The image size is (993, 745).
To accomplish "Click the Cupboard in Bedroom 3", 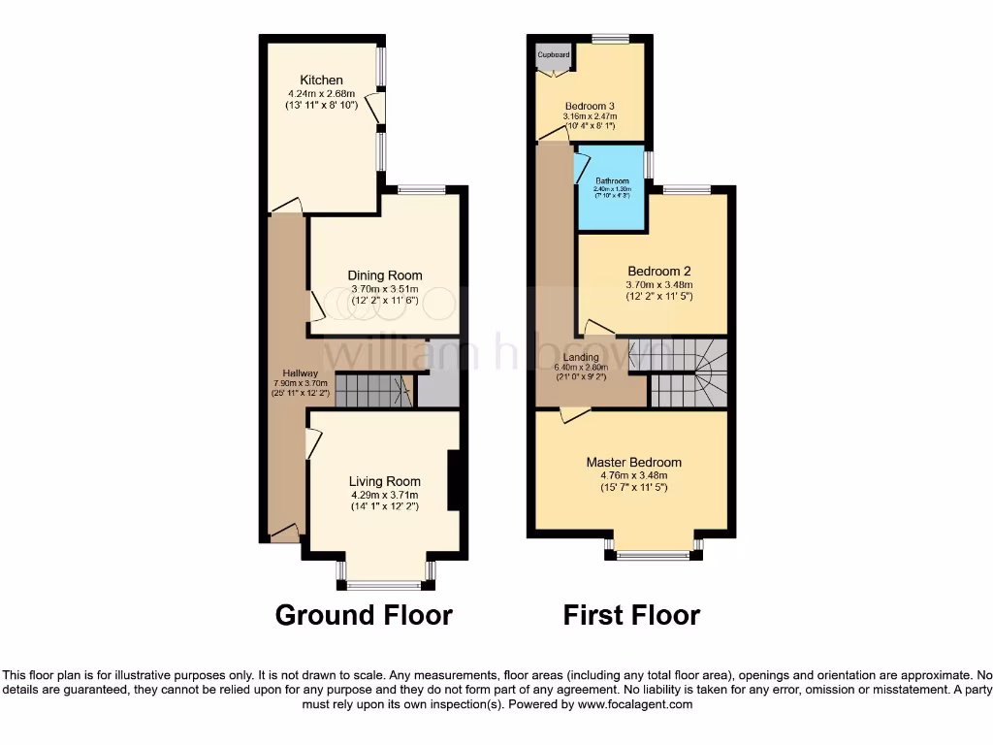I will (554, 56).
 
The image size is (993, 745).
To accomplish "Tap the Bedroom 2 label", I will (659, 271).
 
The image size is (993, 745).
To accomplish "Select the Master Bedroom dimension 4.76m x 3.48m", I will (633, 475).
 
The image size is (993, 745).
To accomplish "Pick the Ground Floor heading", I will (364, 615).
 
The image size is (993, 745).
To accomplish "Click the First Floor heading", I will (631, 615).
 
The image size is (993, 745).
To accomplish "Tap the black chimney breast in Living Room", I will (453, 480).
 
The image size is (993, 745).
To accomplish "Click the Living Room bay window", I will (385, 585).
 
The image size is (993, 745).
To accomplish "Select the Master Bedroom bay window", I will (654, 556).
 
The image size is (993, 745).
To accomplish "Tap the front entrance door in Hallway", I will (285, 533).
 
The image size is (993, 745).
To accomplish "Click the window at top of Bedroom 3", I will (610, 39).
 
